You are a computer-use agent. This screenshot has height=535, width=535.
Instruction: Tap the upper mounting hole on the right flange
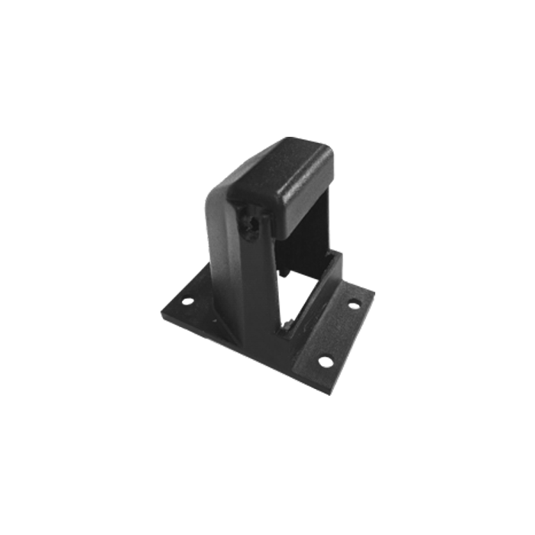(354, 304)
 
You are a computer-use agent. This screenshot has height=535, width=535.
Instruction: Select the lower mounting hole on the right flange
(324, 358)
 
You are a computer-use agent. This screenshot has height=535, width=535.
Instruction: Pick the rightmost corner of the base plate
(375, 294)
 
